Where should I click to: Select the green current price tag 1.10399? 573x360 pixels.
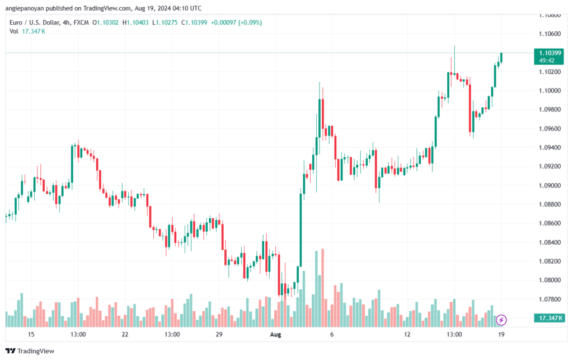pyautogui.click(x=549, y=53)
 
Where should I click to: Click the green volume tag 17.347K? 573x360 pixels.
pyautogui.click(x=549, y=318)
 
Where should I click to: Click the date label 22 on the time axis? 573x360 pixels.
pyautogui.click(x=125, y=334)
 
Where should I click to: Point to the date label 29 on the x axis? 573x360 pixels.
pyautogui.click(x=219, y=334)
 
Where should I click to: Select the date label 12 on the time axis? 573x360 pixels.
pyautogui.click(x=407, y=334)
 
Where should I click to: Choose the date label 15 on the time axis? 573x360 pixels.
pyautogui.click(x=31, y=334)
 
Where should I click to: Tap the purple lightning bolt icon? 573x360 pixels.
pyautogui.click(x=502, y=320)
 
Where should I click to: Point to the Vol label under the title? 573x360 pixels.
pyautogui.click(x=13, y=31)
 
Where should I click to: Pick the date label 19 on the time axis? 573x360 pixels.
pyautogui.click(x=501, y=334)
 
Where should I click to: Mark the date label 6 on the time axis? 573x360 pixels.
pyautogui.click(x=332, y=334)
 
